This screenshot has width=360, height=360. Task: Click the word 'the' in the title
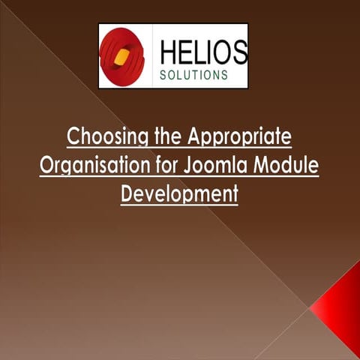tap(163, 139)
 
